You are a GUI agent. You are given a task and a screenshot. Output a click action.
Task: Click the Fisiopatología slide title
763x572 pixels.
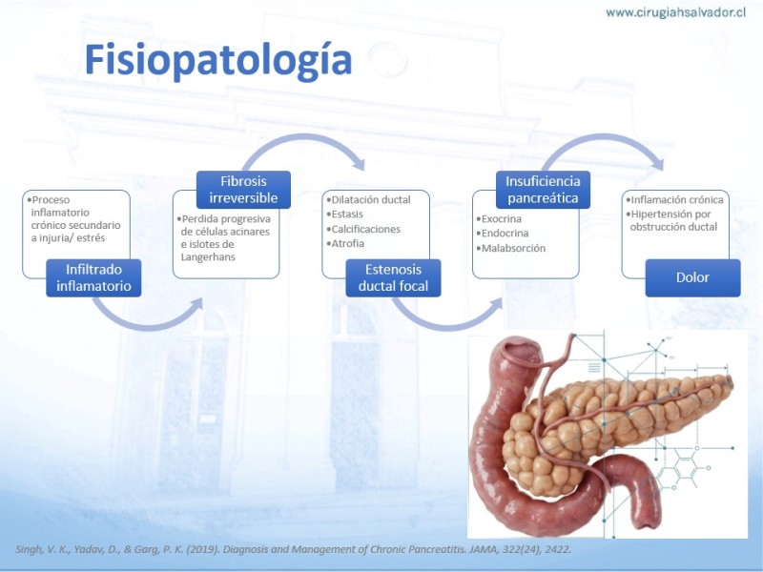(x=218, y=60)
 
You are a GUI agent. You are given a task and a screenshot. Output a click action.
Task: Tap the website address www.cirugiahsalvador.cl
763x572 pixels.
(x=675, y=12)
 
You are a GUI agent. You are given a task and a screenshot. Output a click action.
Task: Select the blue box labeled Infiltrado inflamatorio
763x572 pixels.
(x=93, y=277)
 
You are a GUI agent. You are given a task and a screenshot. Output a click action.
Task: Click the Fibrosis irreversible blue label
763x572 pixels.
(x=243, y=190)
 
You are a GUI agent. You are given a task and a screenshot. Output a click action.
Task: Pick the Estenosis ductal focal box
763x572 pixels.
(x=393, y=277)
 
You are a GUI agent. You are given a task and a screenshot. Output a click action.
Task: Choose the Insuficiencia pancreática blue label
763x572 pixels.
(x=543, y=190)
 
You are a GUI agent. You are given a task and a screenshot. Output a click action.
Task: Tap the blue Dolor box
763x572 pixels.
(x=693, y=277)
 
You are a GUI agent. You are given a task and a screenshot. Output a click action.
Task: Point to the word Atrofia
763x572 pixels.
(x=347, y=243)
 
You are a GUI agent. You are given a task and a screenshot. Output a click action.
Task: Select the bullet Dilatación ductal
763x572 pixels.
(x=368, y=200)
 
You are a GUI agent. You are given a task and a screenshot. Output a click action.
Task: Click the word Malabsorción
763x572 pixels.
(x=513, y=248)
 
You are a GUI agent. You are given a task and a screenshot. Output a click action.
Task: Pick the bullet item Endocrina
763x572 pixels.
(x=503, y=234)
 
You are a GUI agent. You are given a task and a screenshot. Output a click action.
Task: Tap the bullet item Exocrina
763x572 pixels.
(x=499, y=219)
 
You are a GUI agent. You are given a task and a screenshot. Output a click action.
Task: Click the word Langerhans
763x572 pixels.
(x=208, y=257)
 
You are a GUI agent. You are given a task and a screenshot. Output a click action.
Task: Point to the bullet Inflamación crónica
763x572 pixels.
(x=674, y=200)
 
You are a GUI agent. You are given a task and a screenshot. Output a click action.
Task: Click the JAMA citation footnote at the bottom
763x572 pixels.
(x=294, y=550)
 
